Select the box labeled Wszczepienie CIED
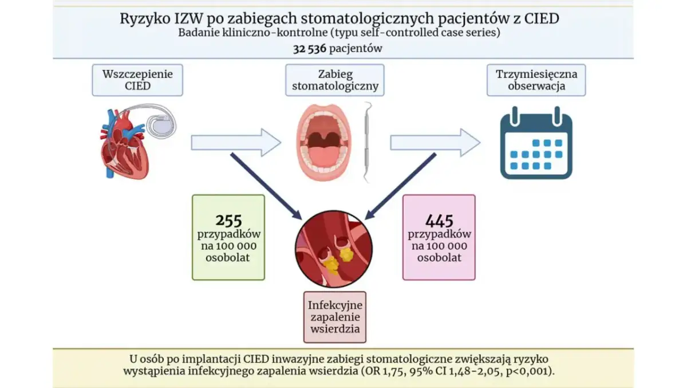click(x=137, y=80)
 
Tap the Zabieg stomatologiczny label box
click(x=335, y=80)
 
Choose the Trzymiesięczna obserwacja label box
click(x=536, y=80)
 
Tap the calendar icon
click(x=536, y=143)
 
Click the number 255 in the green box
click(x=228, y=220)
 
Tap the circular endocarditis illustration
click(x=334, y=248)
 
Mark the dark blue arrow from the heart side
click(x=266, y=186)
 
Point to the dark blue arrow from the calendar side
click(x=401, y=186)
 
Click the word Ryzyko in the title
click(x=141, y=18)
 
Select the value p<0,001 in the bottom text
click(x=538, y=371)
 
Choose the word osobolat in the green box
click(x=228, y=258)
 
